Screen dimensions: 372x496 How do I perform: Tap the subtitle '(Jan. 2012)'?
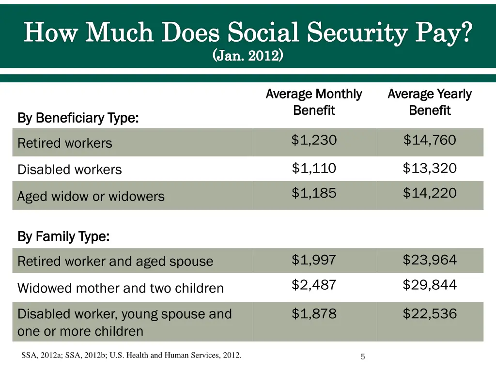[248, 56]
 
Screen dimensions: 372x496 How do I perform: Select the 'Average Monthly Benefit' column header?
[314, 102]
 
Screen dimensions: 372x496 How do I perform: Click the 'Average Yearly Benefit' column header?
[430, 102]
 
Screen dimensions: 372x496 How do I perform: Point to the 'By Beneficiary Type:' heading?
[78, 118]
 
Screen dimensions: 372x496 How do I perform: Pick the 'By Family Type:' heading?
[63, 237]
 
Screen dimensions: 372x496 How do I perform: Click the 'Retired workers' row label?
[65, 143]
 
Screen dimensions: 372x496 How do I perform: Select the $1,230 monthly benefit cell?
[314, 140]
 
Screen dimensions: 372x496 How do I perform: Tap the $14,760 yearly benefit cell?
[430, 140]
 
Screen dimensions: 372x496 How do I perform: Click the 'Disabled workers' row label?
[70, 170]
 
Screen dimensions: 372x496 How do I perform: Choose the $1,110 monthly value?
[314, 169]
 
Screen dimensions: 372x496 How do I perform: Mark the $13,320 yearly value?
[430, 169]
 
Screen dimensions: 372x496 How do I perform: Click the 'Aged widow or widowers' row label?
[91, 197]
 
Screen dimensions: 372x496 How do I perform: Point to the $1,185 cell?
[314, 193]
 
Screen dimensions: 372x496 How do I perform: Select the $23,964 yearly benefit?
[430, 260]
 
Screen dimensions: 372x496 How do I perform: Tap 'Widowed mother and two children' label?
[121, 288]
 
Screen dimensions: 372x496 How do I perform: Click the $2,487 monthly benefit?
[314, 285]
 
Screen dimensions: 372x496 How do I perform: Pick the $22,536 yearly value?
[430, 314]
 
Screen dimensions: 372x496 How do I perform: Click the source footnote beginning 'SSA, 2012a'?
[131, 356]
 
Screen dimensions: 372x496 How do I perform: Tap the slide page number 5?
[362, 357]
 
